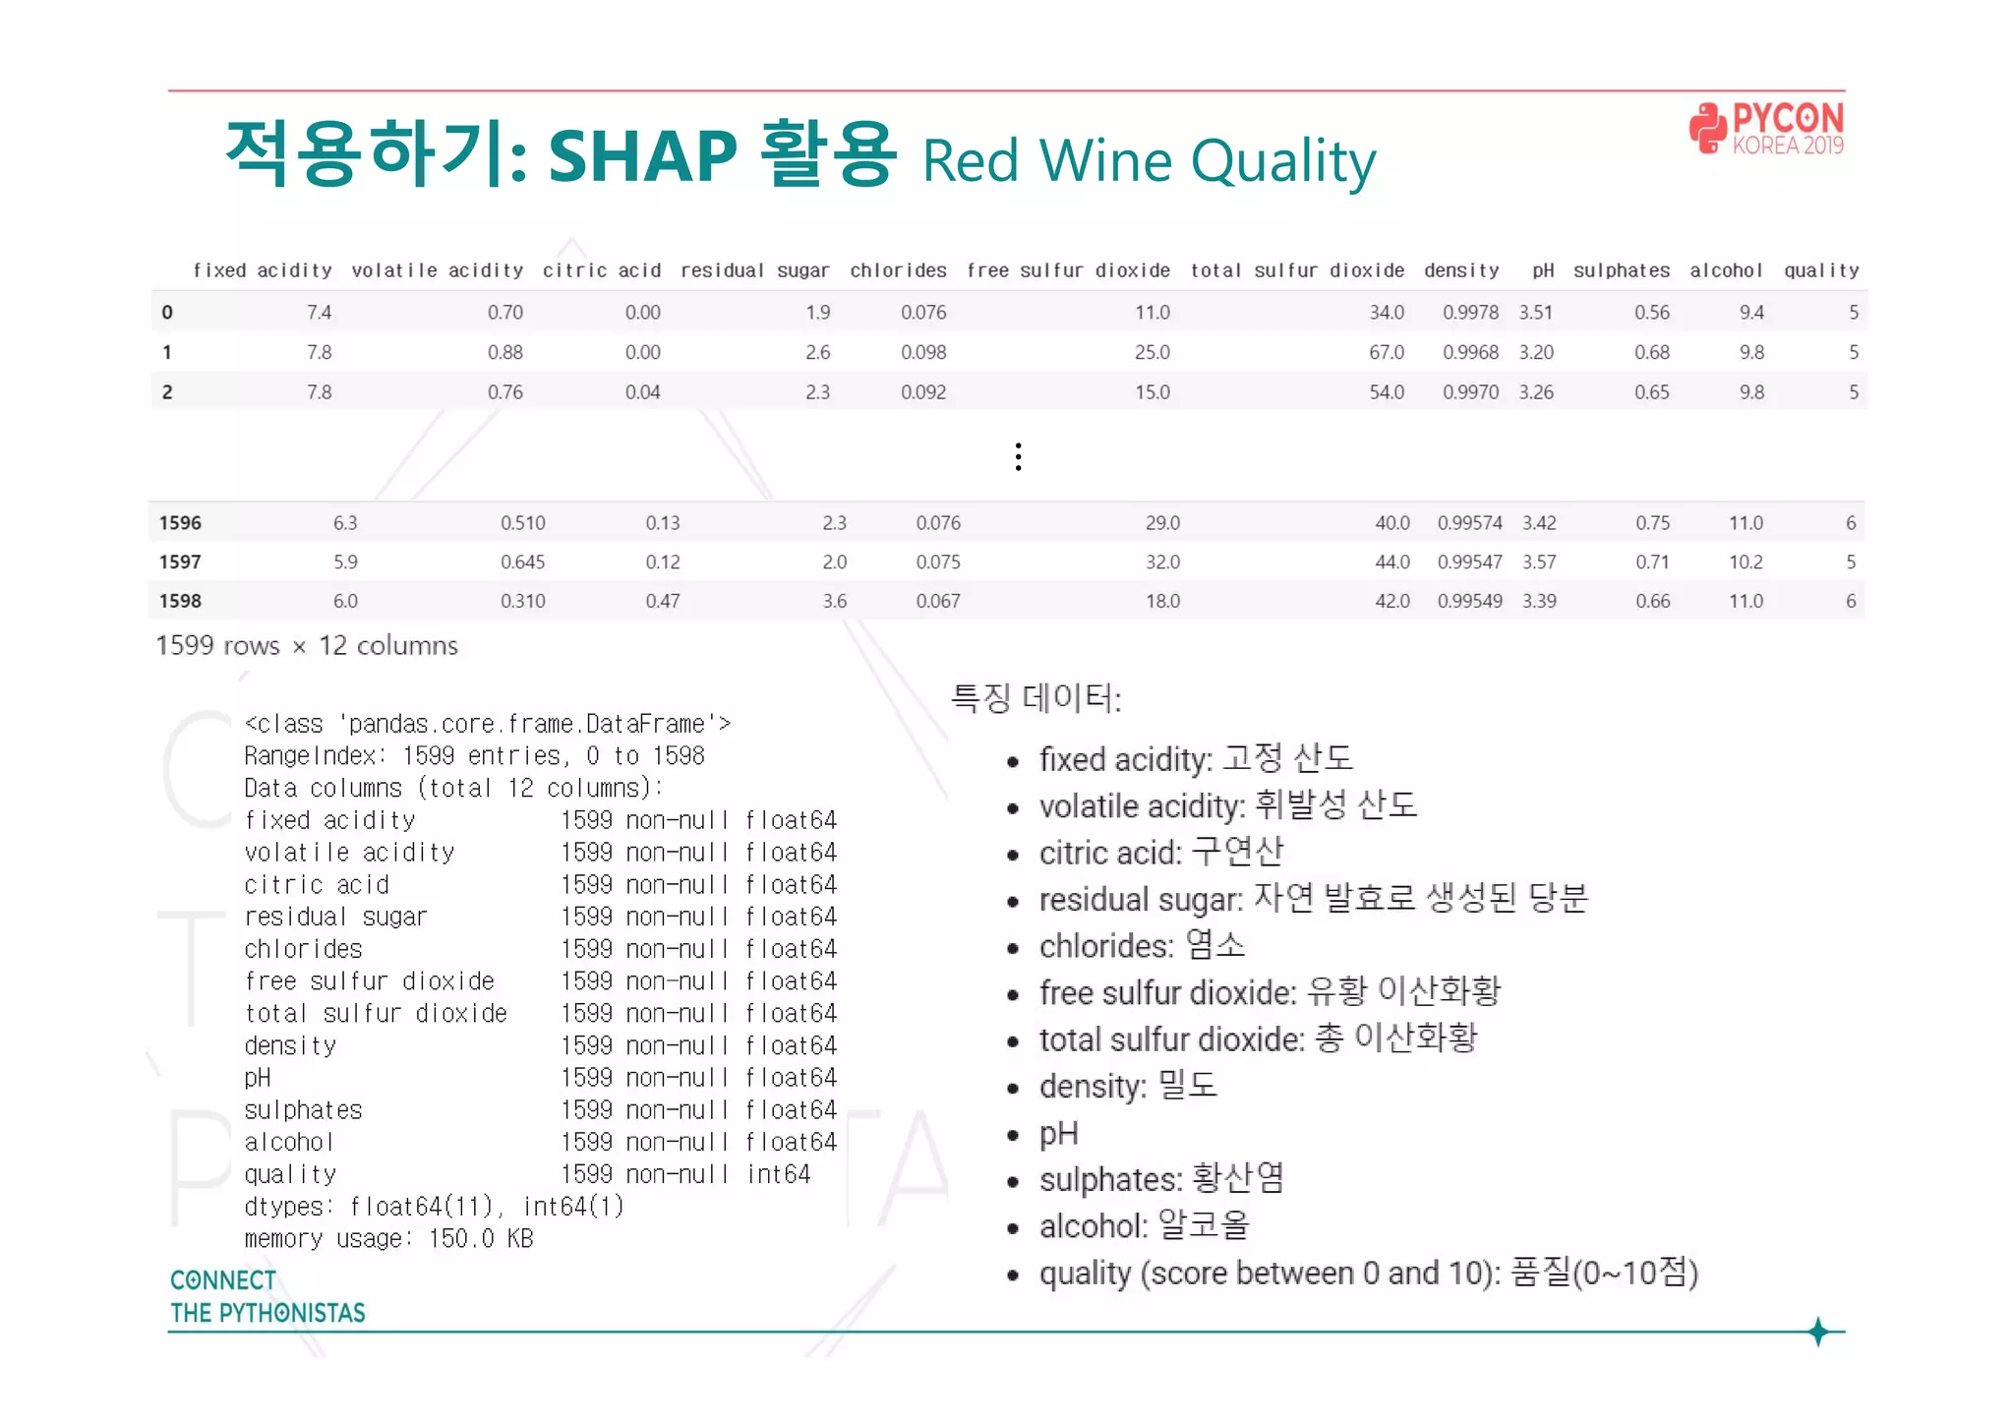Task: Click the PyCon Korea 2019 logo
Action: (1766, 129)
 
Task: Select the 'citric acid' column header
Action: (601, 270)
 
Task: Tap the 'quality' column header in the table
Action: (1821, 270)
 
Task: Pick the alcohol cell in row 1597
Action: (1746, 563)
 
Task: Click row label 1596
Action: (180, 523)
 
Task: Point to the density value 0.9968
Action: (1470, 352)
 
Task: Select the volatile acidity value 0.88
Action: (504, 352)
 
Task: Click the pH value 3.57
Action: (1539, 563)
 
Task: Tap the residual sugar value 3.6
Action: (834, 601)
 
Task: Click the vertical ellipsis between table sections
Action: (1018, 456)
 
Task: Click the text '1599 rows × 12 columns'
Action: (307, 646)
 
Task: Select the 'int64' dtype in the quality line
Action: (778, 1174)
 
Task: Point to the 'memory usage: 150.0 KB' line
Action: (388, 1239)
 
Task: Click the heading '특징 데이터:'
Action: (1036, 698)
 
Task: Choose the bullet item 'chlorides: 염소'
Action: (1141, 946)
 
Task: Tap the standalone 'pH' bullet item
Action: (1058, 1134)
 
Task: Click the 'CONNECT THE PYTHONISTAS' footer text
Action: (267, 1296)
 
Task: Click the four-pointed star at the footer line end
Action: (1818, 1332)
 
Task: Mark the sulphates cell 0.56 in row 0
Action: (1651, 313)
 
